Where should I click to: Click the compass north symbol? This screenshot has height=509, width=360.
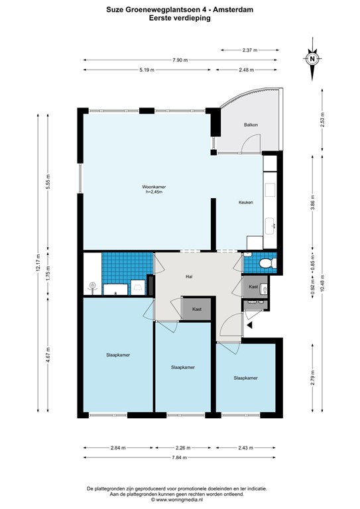(x=312, y=59)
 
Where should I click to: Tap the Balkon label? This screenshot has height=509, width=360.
(x=251, y=125)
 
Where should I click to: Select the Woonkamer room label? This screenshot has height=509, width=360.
(x=154, y=187)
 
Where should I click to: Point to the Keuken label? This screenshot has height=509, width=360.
(x=246, y=202)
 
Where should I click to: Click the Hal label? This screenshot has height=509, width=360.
(x=189, y=276)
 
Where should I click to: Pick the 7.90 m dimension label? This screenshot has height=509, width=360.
(x=180, y=60)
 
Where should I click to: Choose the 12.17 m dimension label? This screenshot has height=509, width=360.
(x=38, y=262)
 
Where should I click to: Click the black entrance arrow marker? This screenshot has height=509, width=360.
(x=250, y=325)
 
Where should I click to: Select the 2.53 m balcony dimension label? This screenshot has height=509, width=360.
(x=322, y=119)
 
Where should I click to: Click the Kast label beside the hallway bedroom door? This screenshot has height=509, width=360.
(x=197, y=309)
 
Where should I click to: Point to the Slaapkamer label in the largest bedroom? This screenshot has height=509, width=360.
(x=118, y=355)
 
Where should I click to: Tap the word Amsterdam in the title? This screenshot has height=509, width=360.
(x=236, y=10)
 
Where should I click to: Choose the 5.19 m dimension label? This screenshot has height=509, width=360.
(x=147, y=70)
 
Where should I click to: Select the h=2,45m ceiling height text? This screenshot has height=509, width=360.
(x=154, y=192)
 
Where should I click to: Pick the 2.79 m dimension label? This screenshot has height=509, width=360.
(x=313, y=378)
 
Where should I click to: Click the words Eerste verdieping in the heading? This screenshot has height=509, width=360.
(x=180, y=18)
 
